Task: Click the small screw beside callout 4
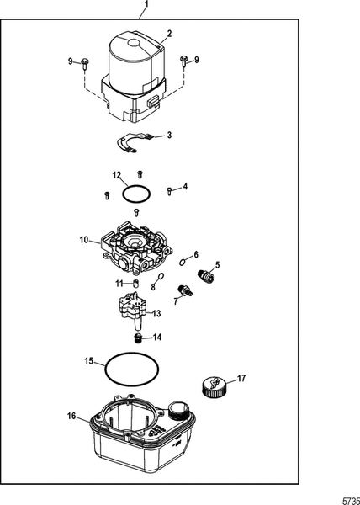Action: pos(169,190)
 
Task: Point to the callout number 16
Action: pos(71,415)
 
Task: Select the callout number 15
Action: pos(87,361)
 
